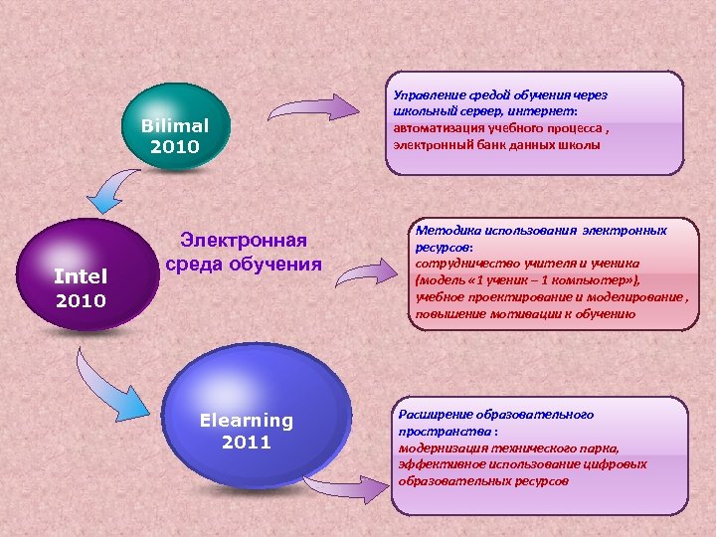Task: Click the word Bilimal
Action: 175,126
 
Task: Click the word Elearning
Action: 246,420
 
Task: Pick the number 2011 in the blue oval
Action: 246,443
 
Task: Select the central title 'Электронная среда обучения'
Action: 244,253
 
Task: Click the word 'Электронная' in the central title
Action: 244,241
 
